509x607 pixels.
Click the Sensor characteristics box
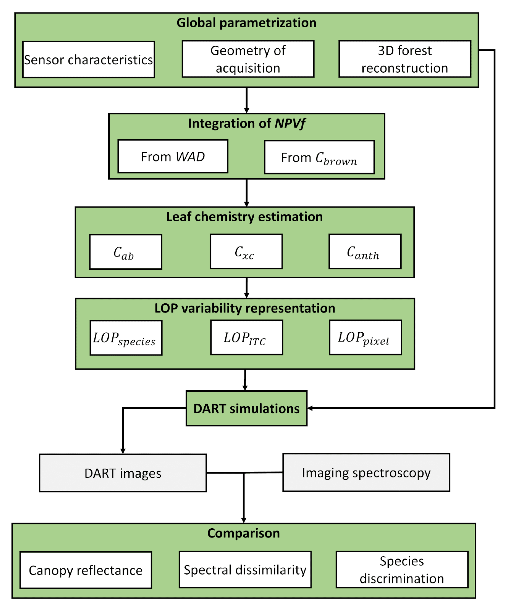coord(88,59)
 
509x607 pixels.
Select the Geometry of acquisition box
coord(248,59)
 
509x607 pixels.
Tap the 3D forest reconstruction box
coord(405,59)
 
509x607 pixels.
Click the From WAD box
coord(173,156)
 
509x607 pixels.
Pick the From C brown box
coord(319,157)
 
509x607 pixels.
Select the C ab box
coord(125,252)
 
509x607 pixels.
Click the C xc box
coord(246,251)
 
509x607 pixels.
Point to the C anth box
coord(365,251)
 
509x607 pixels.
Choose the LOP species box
coord(126,338)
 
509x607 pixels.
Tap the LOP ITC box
coord(247,337)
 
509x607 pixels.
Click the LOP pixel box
coord(365,337)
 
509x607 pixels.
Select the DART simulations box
coord(247,408)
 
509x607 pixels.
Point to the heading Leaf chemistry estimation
coord(245,217)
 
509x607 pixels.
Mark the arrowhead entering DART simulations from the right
coord(310,408)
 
